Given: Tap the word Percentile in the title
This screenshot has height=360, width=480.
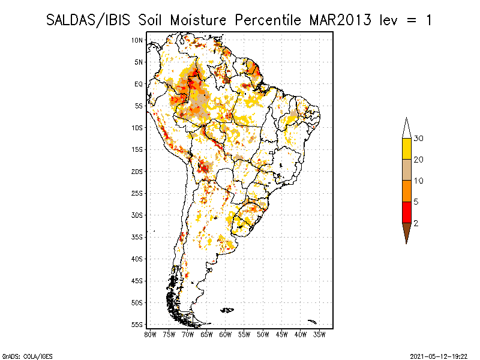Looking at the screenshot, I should tap(269, 20).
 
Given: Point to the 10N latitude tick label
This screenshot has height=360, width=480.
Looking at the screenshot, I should tap(137, 40).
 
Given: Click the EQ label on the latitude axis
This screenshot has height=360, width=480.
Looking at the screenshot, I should tap(138, 84).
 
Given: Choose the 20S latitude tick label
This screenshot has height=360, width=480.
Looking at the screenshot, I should tap(137, 171).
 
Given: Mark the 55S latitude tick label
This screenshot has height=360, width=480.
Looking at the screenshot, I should tap(137, 324).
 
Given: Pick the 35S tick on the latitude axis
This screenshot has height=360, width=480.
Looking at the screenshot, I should tap(137, 236).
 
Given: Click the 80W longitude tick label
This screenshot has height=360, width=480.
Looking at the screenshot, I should tap(150, 334).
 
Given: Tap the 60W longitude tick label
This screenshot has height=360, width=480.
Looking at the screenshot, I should tap(226, 334).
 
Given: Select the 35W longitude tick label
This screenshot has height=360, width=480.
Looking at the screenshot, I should tap(320, 334).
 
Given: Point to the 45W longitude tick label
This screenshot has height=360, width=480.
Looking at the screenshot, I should tap(282, 334).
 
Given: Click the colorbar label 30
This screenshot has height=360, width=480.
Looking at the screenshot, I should tap(419, 139).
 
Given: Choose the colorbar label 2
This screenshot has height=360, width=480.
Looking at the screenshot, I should tap(416, 223).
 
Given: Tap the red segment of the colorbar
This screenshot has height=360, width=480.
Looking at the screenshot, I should tap(406, 212).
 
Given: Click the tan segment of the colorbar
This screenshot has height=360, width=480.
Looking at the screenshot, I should tap(406, 170).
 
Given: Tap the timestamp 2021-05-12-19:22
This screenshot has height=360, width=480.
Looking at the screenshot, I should tap(439, 355).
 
